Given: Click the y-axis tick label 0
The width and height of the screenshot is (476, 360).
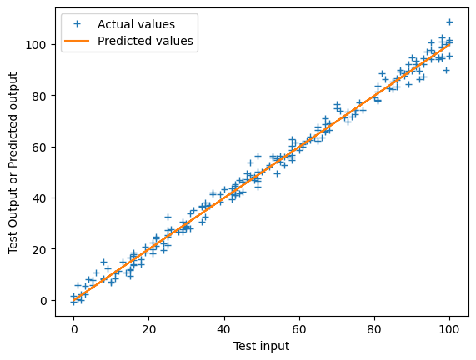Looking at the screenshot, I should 49,300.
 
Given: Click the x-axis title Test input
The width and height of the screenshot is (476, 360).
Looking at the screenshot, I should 262,346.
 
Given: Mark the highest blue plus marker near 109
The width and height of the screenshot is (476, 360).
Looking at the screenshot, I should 450,22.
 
